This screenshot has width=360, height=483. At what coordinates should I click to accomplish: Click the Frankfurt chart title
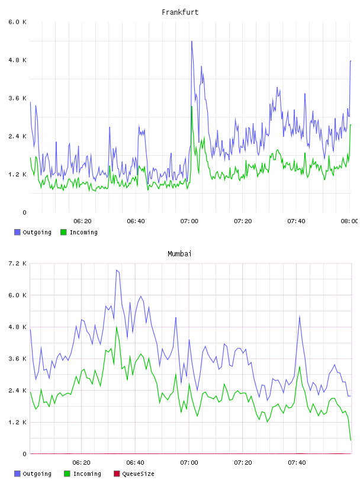[180, 12]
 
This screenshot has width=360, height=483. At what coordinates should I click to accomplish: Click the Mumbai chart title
[179, 254]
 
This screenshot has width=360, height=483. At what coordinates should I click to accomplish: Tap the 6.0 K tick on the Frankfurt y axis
[17, 22]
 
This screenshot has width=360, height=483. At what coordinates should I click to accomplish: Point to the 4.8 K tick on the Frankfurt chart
[17, 60]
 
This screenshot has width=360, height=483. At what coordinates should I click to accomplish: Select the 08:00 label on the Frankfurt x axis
[349, 221]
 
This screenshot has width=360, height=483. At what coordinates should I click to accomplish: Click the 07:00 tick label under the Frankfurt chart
[189, 221]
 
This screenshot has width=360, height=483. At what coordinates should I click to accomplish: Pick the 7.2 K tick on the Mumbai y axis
[17, 263]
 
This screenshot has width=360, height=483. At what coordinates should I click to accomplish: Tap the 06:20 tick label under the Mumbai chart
[81, 463]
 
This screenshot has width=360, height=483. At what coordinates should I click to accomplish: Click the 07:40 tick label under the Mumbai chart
[297, 463]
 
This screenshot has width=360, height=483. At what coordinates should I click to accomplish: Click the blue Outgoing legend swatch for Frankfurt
[17, 232]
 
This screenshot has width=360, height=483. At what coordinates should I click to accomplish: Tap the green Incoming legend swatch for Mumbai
[67, 474]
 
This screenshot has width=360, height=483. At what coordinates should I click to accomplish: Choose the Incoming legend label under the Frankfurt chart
[83, 232]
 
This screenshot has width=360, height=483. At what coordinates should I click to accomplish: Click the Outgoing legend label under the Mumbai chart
[37, 474]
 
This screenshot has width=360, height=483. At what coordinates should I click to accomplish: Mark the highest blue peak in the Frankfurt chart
[192, 41]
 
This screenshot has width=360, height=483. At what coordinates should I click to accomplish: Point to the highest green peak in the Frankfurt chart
[192, 107]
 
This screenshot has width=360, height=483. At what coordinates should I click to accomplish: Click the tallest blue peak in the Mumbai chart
[117, 270]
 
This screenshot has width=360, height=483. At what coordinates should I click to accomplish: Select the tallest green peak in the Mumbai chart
[117, 327]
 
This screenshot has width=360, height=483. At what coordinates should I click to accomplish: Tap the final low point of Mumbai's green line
[351, 440]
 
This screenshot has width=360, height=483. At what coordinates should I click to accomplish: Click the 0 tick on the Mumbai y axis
[24, 454]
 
